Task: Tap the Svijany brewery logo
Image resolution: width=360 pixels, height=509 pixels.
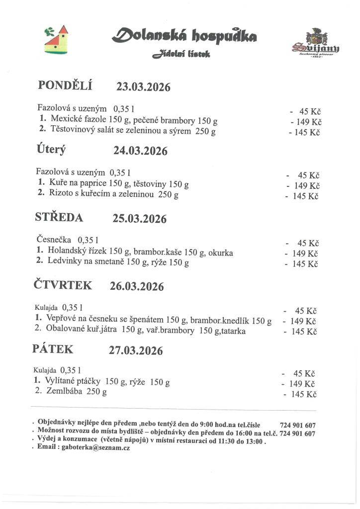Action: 315,44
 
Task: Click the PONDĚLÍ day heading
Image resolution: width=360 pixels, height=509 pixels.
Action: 65,85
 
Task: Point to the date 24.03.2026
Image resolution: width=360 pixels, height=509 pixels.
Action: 140,151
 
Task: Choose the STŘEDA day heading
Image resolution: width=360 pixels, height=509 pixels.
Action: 59,217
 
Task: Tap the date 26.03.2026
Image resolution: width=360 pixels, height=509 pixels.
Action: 137,286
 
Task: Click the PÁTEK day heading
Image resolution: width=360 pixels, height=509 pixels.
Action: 53,349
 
